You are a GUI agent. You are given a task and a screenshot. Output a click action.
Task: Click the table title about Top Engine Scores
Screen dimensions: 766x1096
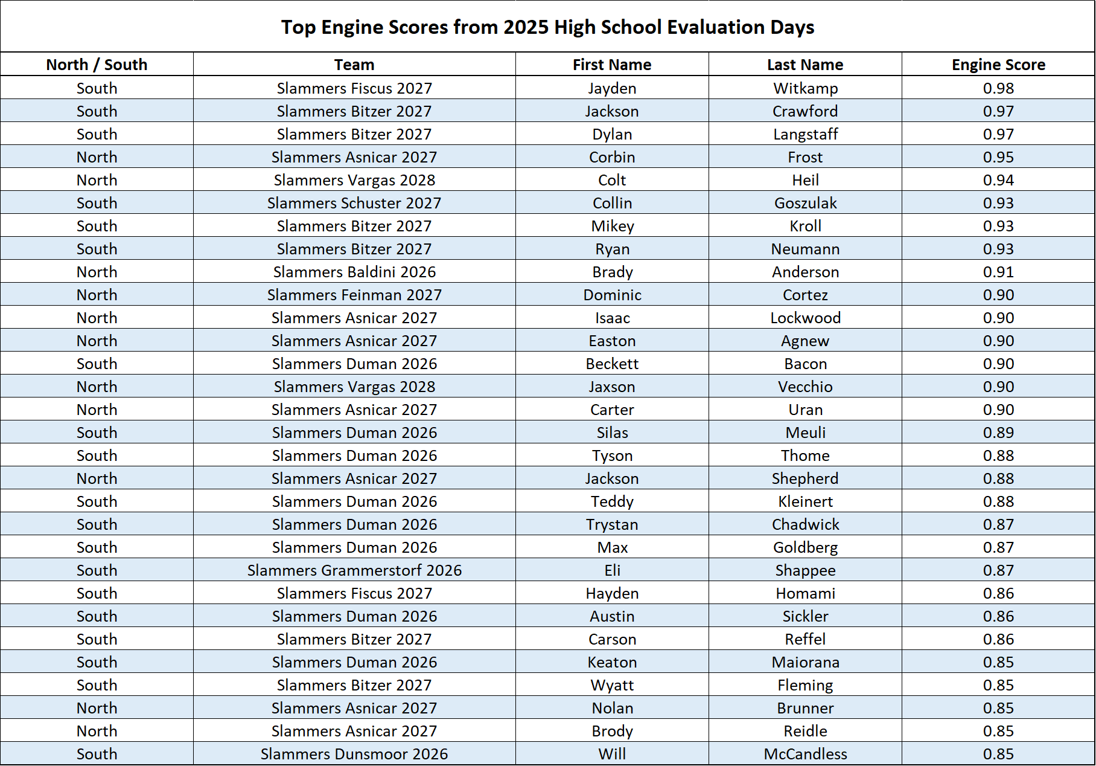click(x=547, y=27)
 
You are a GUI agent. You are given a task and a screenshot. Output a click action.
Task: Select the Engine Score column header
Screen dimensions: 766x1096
click(x=998, y=65)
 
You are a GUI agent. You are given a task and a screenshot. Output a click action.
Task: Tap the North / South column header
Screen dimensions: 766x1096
click(x=97, y=65)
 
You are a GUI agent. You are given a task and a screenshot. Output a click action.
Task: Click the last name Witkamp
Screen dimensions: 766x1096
click(x=805, y=88)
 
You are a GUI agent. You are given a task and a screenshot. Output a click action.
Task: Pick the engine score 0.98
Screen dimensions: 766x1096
click(x=998, y=88)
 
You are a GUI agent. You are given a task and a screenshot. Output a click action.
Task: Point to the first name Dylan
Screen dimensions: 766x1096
click(x=612, y=134)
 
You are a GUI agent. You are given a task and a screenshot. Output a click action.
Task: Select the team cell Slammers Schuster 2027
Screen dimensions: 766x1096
click(x=354, y=203)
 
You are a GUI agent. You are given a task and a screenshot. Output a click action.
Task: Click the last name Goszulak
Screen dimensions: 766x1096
click(x=805, y=203)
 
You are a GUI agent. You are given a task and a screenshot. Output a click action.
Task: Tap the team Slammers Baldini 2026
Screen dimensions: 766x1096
click(x=354, y=272)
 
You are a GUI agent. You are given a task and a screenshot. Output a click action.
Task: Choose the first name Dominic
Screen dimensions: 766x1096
click(x=612, y=295)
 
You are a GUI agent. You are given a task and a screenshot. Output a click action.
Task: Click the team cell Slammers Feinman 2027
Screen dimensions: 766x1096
click(x=354, y=295)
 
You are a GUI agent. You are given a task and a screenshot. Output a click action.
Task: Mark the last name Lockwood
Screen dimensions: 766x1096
click(x=805, y=318)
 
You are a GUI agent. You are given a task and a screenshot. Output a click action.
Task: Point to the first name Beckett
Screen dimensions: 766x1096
click(x=612, y=364)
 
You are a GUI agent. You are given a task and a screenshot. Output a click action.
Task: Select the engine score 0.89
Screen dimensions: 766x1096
click(x=998, y=433)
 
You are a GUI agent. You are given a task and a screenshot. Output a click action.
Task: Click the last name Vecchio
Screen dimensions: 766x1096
click(x=805, y=387)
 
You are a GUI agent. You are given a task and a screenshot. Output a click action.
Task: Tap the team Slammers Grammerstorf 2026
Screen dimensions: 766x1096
click(x=354, y=570)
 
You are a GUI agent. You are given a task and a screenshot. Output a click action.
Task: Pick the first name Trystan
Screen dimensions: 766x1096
click(x=612, y=524)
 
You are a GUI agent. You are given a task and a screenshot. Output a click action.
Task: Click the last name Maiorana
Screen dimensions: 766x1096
click(x=805, y=662)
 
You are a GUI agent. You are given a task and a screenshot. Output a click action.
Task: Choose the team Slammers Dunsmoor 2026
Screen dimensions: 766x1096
click(x=354, y=754)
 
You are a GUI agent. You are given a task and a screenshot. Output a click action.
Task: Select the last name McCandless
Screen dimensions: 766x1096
click(x=805, y=754)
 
